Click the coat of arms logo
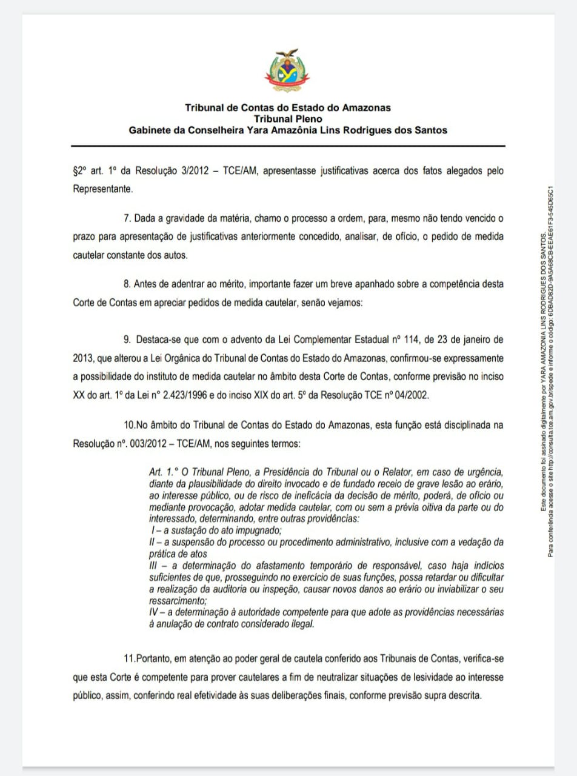pyautogui.click(x=287, y=72)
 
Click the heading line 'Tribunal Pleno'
pyautogui.click(x=288, y=119)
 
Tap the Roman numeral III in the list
pyautogui.click(x=153, y=565)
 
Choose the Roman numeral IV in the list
pyautogui.click(x=155, y=612)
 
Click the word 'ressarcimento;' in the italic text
pyautogui.click(x=178, y=600)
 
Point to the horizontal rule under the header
pyautogui.click(x=288, y=146)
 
